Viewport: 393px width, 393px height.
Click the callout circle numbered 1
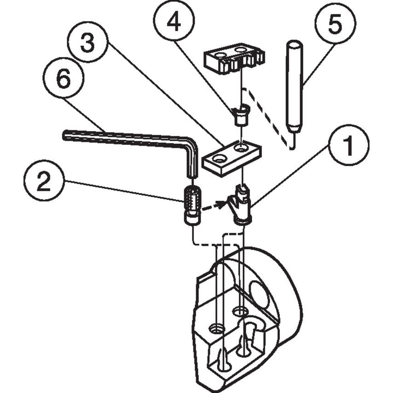click(x=348, y=146)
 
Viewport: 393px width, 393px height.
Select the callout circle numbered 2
click(x=44, y=183)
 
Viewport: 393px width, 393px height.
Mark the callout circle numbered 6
click(x=64, y=79)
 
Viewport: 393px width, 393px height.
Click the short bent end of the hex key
click(x=192, y=161)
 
